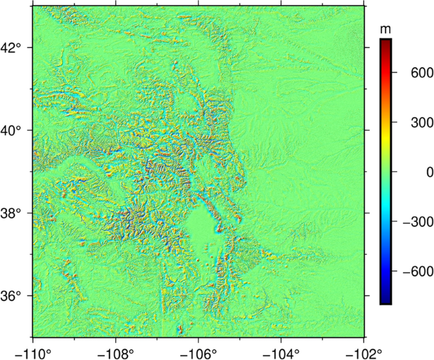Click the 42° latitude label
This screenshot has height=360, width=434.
(15, 48)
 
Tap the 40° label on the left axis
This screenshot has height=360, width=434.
(15, 131)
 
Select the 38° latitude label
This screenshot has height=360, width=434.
(15, 214)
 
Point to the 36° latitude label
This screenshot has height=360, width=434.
(15, 296)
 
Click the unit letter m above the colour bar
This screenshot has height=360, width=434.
(385, 30)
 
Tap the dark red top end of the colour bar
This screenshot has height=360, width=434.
(385, 42)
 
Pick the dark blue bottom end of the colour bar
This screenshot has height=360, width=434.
(385, 300)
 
